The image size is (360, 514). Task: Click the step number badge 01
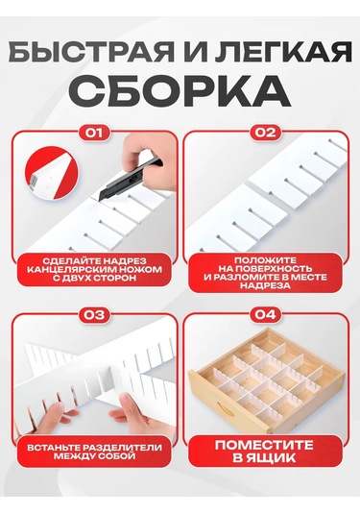click(x=94, y=134)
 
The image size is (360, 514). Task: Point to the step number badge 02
click(x=266, y=134)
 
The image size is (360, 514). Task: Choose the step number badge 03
click(x=94, y=313)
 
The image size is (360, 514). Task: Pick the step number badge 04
click(x=266, y=313)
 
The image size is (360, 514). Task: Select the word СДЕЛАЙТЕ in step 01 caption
click(x=64, y=260)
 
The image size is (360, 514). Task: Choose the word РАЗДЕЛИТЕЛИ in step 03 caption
click(x=117, y=449)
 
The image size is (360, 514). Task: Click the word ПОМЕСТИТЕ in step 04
click(x=266, y=448)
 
